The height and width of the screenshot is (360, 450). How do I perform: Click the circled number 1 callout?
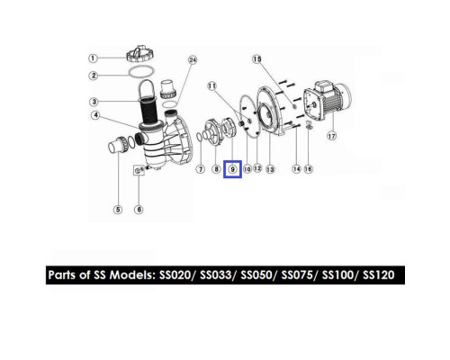(93, 58)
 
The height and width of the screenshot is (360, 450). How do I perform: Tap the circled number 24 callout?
(193, 60)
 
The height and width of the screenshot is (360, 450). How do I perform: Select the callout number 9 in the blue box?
(232, 169)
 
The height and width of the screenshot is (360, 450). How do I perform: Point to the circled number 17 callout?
(331, 136)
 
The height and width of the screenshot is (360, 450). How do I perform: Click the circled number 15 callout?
(256, 59)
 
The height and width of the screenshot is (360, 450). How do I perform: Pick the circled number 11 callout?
(211, 86)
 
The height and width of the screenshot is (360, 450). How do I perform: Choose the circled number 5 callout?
(118, 210)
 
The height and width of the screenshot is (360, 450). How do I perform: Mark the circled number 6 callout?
(139, 210)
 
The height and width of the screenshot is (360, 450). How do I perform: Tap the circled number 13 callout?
(270, 169)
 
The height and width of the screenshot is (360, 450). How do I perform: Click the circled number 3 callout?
(94, 102)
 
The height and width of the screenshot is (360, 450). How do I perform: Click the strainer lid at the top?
(140, 54)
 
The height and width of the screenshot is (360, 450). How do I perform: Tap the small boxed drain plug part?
(139, 170)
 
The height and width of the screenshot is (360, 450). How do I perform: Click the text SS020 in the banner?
(175, 274)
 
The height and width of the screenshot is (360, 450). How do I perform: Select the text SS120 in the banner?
(379, 274)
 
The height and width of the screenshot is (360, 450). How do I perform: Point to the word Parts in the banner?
(62, 274)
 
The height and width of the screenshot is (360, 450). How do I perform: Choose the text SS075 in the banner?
(297, 274)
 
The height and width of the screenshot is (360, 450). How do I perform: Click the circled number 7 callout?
(201, 169)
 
